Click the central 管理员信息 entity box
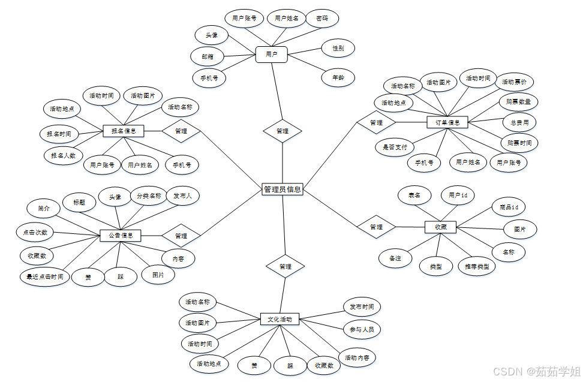click(x=283, y=190)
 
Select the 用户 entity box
click(x=271, y=54)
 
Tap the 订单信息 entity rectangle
click(x=447, y=122)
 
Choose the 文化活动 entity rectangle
click(x=280, y=320)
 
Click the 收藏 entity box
click(x=440, y=227)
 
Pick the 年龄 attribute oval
click(x=338, y=77)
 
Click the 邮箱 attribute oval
click(x=208, y=56)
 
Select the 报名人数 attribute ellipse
click(x=63, y=155)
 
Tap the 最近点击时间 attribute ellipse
click(x=44, y=277)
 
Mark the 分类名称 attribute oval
click(x=148, y=196)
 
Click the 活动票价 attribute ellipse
click(x=514, y=82)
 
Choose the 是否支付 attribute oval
click(x=395, y=146)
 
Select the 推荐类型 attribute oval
click(x=477, y=266)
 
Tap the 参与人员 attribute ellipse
click(x=361, y=329)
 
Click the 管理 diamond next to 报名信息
click(x=181, y=131)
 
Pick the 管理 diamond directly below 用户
click(x=283, y=131)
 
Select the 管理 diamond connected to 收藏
click(x=376, y=227)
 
